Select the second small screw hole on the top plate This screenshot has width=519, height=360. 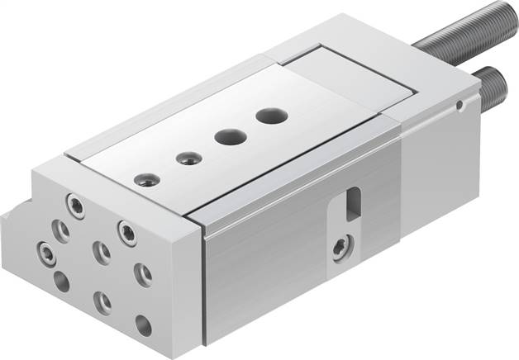click(189, 157)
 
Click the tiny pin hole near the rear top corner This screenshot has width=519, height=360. click(459, 105)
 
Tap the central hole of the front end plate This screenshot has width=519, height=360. click(102, 252)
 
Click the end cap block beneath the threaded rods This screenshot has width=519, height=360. click(438, 157)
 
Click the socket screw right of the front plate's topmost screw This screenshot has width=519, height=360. click(126, 232)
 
